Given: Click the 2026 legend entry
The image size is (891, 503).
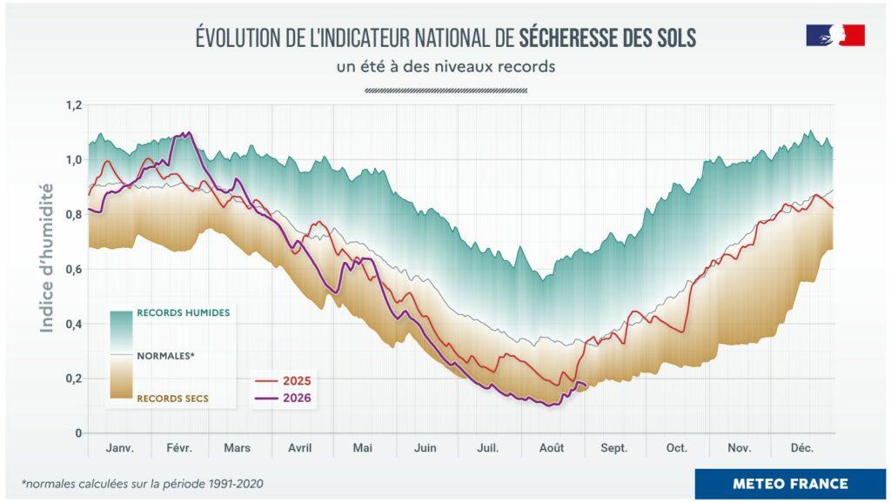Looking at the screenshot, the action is pyautogui.click(x=284, y=398).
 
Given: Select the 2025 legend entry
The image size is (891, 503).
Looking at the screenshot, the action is pyautogui.click(x=284, y=381).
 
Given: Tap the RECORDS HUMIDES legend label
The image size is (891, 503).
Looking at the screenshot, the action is pyautogui.click(x=184, y=312).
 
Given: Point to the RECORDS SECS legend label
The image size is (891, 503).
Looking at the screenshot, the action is pyautogui.click(x=173, y=399).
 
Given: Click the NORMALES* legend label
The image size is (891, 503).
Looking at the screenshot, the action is pyautogui.click(x=166, y=356).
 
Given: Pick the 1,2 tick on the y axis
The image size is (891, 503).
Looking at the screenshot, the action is pyautogui.click(x=74, y=105).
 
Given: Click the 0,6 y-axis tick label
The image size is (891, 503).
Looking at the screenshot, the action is pyautogui.click(x=74, y=270).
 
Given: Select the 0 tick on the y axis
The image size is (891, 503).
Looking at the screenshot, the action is pyautogui.click(x=78, y=433).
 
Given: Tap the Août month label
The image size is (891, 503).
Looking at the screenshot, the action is pyautogui.click(x=552, y=448).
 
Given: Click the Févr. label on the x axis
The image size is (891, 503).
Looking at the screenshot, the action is pyautogui.click(x=179, y=448).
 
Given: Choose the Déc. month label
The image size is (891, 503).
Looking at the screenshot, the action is pyautogui.click(x=801, y=448).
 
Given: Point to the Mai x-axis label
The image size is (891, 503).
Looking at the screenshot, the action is pyautogui.click(x=363, y=448).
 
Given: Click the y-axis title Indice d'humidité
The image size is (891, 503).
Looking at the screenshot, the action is pyautogui.click(x=47, y=258).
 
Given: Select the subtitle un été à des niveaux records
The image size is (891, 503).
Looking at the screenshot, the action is pyautogui.click(x=445, y=66).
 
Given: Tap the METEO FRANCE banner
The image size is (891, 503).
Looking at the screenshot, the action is pyautogui.click(x=790, y=484).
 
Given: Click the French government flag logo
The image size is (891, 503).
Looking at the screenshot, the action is pyautogui.click(x=835, y=35).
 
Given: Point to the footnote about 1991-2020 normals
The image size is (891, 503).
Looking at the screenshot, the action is pyautogui.click(x=143, y=484).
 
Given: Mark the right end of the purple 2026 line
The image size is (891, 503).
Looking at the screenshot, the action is pyautogui.click(x=586, y=386).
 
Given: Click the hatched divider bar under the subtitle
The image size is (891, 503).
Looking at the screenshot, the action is pyautogui.click(x=445, y=91).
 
